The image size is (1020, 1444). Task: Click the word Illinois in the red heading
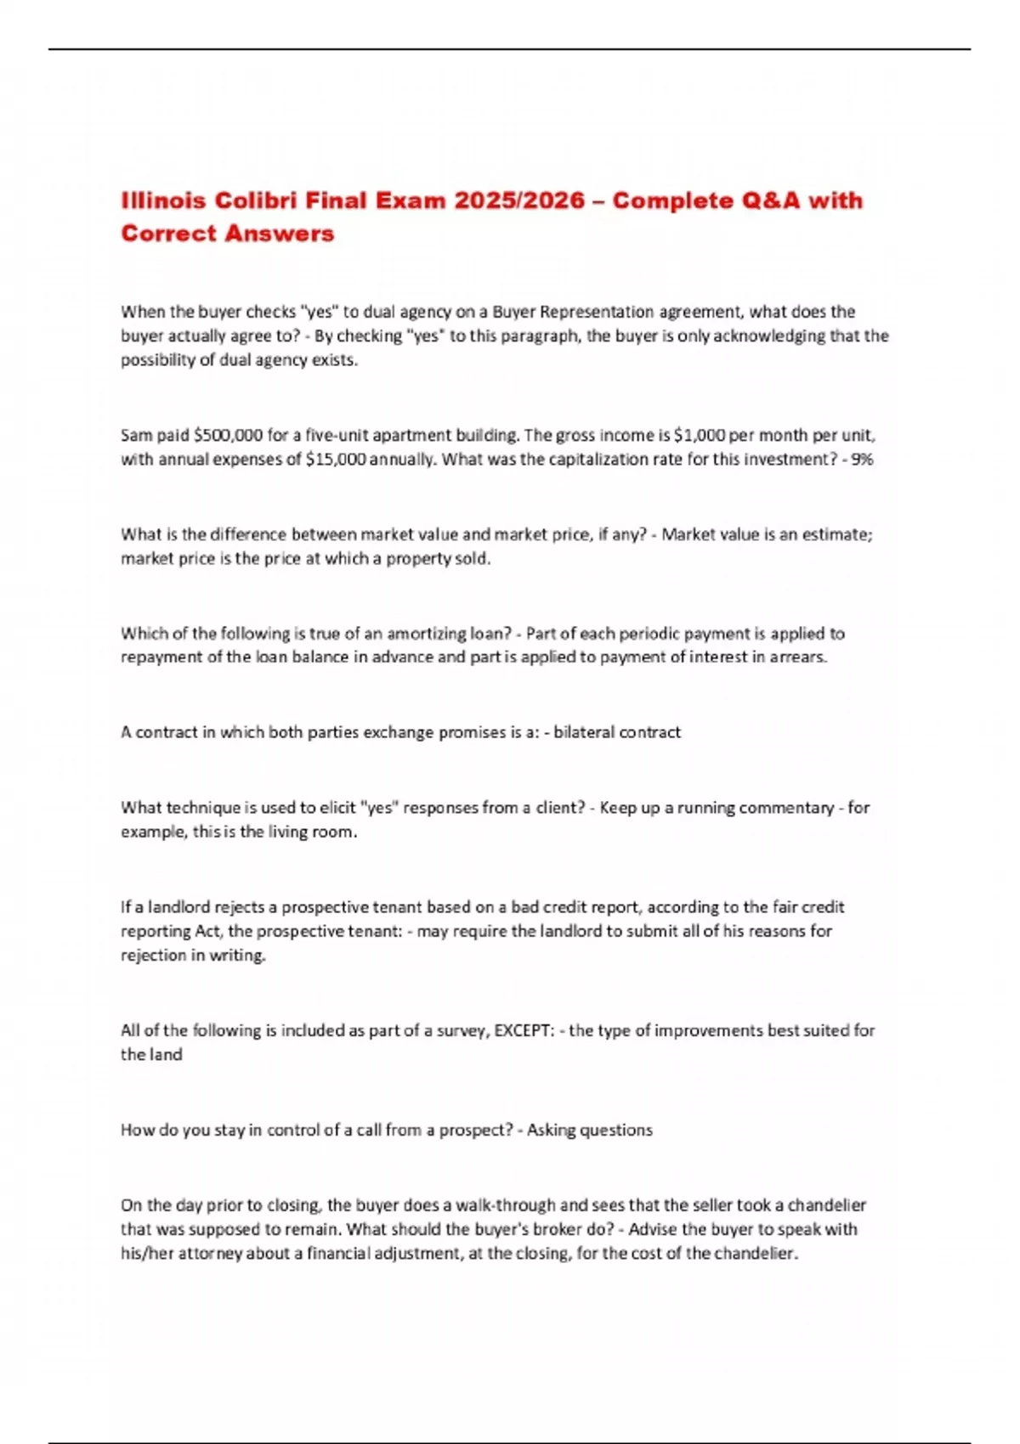tap(163, 200)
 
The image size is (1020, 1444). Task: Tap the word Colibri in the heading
tap(256, 200)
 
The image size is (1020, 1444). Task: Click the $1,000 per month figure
tap(699, 436)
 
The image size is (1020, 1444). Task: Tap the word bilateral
tap(583, 732)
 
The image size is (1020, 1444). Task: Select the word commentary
tap(786, 808)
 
